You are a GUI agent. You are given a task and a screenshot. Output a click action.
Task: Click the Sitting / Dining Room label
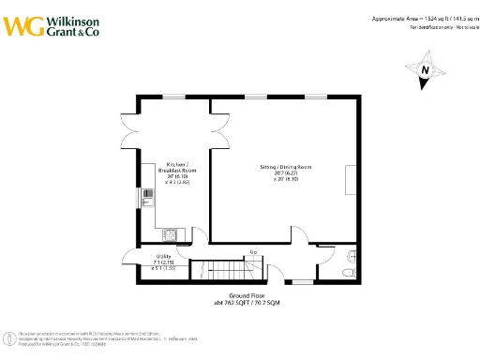[x=285, y=167]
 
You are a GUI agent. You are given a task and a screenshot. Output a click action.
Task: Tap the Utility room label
[x=150, y=255]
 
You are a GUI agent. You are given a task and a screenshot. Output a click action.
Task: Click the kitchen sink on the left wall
[x=146, y=198]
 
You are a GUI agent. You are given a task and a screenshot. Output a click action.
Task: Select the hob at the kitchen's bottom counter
[x=171, y=234]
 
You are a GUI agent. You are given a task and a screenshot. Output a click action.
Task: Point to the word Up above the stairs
[x=253, y=252]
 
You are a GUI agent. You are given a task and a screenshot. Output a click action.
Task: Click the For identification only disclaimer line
[x=441, y=27]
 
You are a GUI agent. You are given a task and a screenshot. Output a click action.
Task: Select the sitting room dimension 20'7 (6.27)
[x=285, y=172]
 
